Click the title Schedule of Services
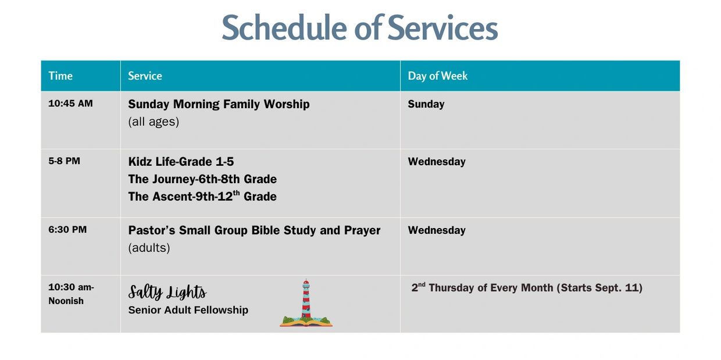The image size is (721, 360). click(360, 27)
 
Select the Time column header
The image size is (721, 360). click(60, 76)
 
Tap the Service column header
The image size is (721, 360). click(145, 76)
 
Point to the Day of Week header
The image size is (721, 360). click(437, 76)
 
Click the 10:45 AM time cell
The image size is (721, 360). click(70, 104)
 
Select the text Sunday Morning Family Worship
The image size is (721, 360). click(219, 104)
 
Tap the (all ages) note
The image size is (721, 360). click(154, 122)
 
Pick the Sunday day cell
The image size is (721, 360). click(426, 104)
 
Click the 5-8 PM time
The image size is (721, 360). click(64, 161)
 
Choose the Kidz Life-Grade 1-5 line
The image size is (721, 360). click(181, 162)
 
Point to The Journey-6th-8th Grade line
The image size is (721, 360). click(202, 179)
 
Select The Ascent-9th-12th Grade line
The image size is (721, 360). click(202, 196)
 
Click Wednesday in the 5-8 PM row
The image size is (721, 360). click(437, 162)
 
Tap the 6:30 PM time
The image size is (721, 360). click(67, 230)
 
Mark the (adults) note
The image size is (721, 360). click(149, 248)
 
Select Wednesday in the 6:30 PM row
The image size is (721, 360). click(437, 230)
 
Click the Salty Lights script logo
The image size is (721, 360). click(167, 293)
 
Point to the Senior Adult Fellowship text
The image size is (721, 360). click(188, 310)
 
